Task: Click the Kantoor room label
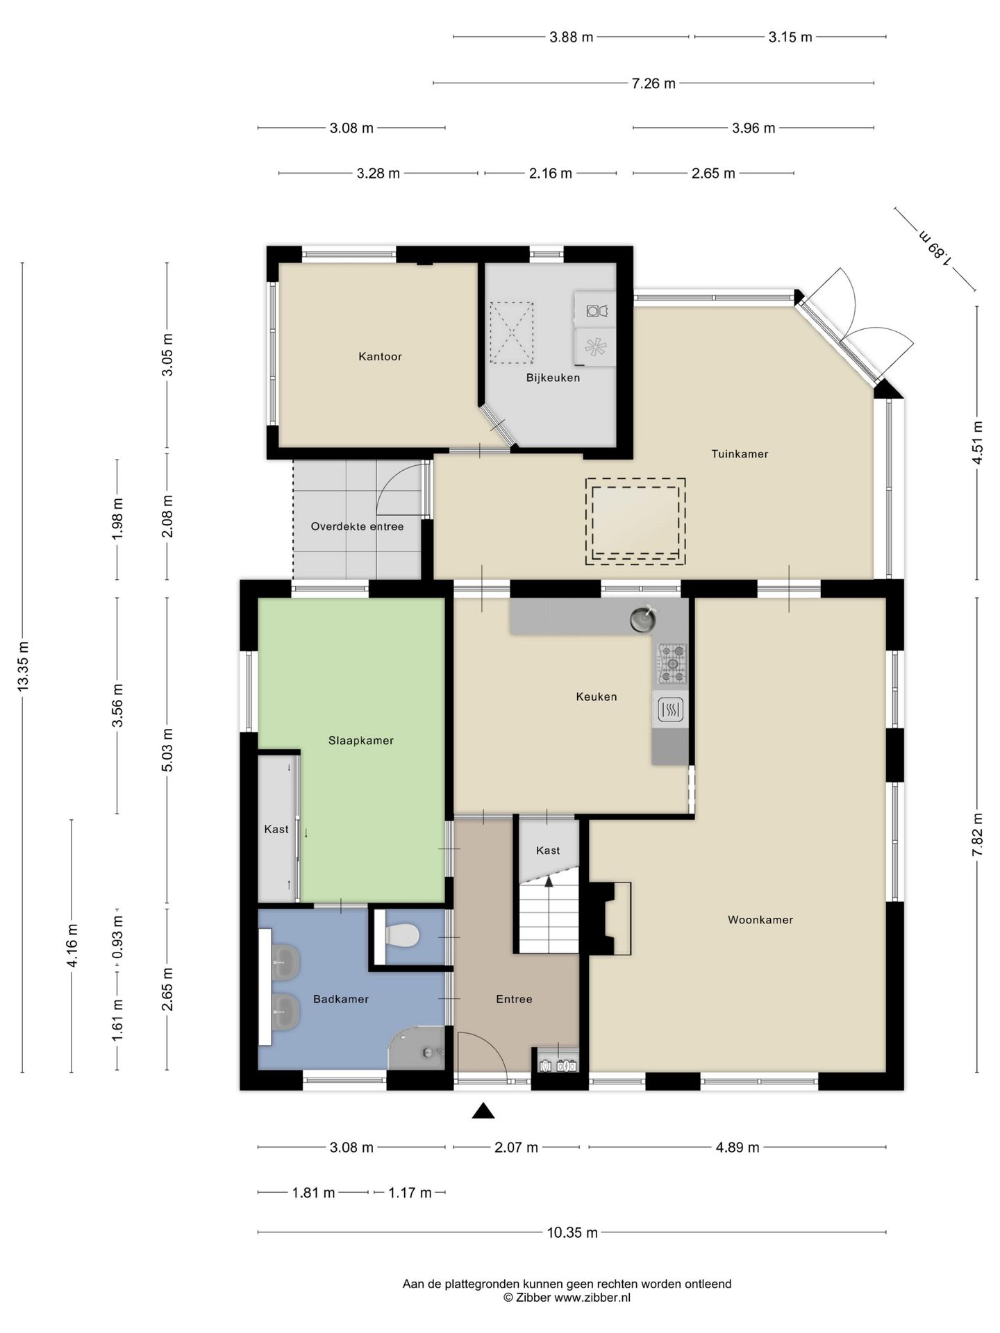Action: [380, 356]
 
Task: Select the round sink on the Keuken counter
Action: [643, 619]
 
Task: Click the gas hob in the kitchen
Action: [672, 663]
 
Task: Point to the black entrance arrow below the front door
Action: [483, 1111]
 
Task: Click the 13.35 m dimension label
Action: [23, 665]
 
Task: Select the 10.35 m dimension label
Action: [572, 1232]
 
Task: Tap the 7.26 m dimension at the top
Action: [653, 83]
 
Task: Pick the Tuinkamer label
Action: [740, 454]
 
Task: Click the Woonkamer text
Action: [760, 920]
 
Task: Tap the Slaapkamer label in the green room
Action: [361, 741]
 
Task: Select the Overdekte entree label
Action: [357, 526]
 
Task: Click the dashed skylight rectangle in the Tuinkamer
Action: [635, 521]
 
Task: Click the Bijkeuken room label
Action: [553, 378]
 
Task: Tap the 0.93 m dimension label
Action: [118, 937]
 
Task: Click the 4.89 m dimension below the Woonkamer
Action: [737, 1148]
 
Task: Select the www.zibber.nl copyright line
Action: [567, 1297]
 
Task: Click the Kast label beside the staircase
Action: [548, 850]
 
